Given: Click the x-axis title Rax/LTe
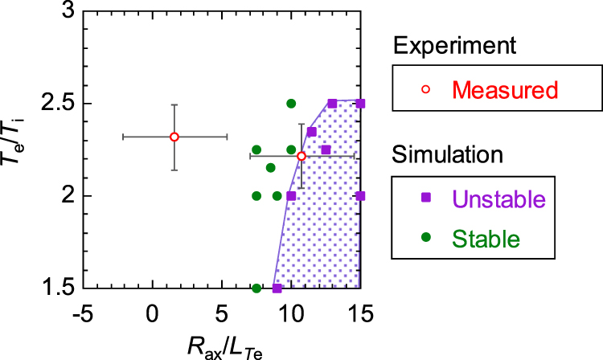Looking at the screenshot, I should point(222,346).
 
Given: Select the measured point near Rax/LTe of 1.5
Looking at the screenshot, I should point(174,137).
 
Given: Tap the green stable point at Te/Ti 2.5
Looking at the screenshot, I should point(291,104).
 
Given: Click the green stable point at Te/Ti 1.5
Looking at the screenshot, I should point(256,288).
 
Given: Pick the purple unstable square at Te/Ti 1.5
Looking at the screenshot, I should point(277,288).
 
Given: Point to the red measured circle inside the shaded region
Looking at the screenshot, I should point(301,156).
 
